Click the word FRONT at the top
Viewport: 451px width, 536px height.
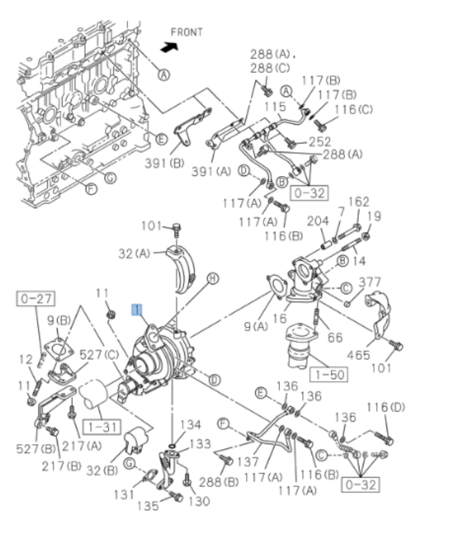187,32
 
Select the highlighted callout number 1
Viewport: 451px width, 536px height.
136,309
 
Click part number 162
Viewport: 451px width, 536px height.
358,202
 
